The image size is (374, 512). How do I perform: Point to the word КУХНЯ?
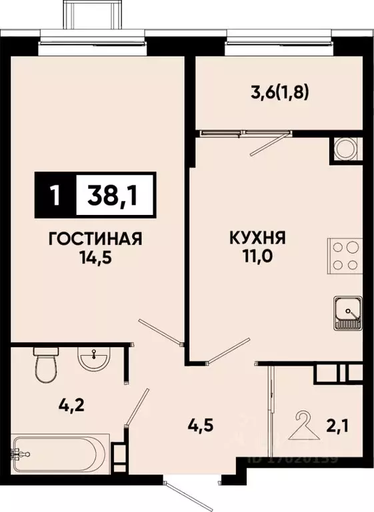[x=258, y=238]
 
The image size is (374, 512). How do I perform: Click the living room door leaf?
[x=159, y=332]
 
